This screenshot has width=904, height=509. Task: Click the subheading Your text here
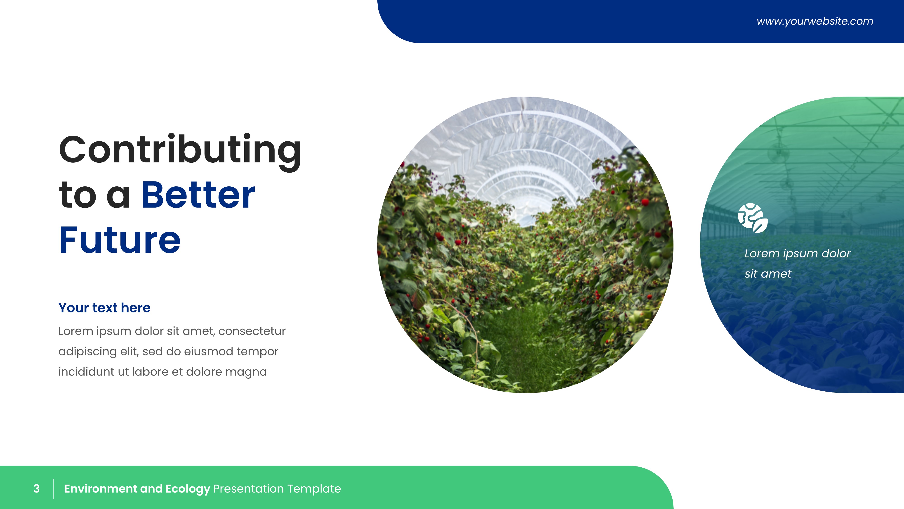click(x=104, y=308)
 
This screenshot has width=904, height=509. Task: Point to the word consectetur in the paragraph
click(x=252, y=331)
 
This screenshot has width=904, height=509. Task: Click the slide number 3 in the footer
click(x=36, y=489)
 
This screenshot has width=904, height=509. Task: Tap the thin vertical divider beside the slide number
click(x=53, y=489)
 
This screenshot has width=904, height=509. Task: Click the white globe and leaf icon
click(x=752, y=218)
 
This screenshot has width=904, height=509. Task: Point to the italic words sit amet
click(x=768, y=274)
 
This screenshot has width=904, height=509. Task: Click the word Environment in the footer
click(x=100, y=489)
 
